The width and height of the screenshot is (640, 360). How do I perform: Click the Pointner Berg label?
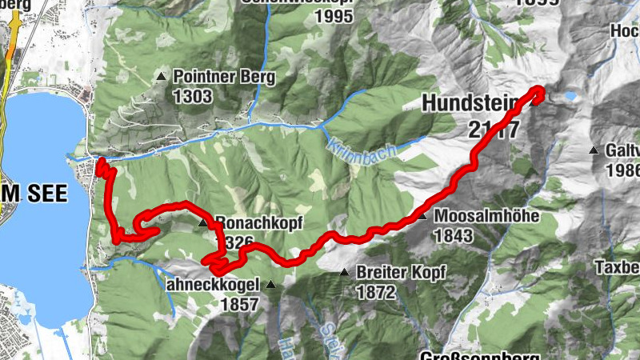pyautogui.click(x=223, y=78)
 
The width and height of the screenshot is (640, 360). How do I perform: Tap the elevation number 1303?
pyautogui.click(x=191, y=97)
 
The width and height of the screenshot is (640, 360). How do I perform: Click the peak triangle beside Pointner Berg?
pyautogui.click(x=162, y=78)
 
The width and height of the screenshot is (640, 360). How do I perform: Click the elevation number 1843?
pyautogui.click(x=454, y=235)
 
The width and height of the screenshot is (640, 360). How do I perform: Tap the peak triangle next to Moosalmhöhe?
pyautogui.click(x=422, y=216)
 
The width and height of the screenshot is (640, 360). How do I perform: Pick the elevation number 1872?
pyautogui.click(x=376, y=292)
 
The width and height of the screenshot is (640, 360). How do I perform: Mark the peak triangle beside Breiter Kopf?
pyautogui.click(x=344, y=273)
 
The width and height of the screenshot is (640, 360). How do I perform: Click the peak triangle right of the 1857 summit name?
pyautogui.click(x=270, y=284)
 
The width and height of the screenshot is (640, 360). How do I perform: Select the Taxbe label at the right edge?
pyautogui.click(x=618, y=266)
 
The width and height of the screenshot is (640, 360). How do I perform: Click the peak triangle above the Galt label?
pyautogui.click(x=594, y=150)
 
